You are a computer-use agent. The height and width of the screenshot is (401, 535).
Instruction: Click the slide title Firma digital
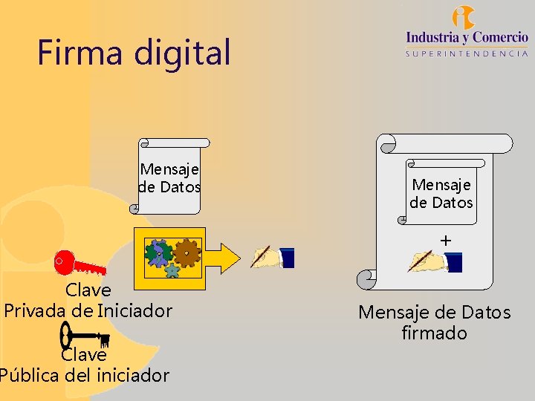(134, 53)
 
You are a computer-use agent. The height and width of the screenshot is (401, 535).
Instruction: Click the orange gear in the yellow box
(187, 252)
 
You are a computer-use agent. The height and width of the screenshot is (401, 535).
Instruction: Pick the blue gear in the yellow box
(159, 253)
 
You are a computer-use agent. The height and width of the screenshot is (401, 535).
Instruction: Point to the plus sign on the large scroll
(445, 241)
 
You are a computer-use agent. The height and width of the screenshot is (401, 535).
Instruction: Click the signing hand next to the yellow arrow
(273, 257)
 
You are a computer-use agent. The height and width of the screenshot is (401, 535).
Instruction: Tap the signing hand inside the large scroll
(435, 261)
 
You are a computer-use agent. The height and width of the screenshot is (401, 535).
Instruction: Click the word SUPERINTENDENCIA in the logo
(467, 53)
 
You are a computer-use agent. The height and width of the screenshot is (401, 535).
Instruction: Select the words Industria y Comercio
(467, 36)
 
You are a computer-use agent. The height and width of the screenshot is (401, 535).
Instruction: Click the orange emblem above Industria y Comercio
(464, 16)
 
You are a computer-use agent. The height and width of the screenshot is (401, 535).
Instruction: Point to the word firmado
(435, 333)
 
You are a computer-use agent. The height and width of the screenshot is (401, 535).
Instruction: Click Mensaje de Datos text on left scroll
(170, 178)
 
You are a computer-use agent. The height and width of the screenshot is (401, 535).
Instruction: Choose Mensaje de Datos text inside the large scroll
(441, 193)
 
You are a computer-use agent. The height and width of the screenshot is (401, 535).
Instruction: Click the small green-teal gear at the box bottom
(172, 271)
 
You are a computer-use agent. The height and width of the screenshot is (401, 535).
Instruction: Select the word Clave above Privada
(88, 290)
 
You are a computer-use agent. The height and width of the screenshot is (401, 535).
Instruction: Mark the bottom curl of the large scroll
(368, 279)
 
